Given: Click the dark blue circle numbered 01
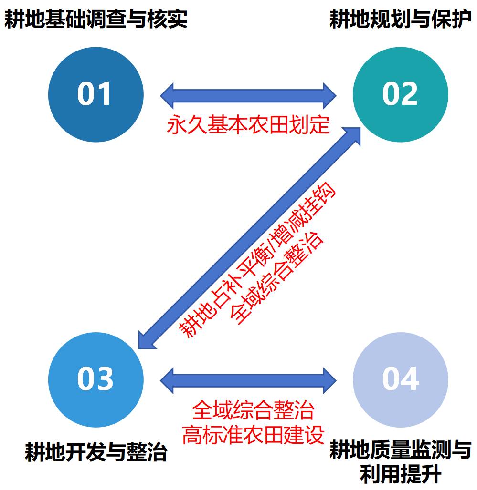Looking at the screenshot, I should (x=95, y=94).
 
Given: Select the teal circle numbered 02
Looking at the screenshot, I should (x=400, y=94).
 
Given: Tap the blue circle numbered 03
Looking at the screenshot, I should (x=95, y=379).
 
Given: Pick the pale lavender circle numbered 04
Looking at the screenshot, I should (x=400, y=379).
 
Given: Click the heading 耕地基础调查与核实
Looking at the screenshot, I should (x=95, y=20).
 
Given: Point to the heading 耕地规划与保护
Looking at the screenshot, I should (x=400, y=20).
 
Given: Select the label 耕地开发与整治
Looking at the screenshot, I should (x=95, y=451).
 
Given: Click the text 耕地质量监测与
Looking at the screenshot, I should (x=400, y=449).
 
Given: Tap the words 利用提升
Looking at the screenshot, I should (x=400, y=474).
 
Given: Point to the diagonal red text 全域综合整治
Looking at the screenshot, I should (x=277, y=278).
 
